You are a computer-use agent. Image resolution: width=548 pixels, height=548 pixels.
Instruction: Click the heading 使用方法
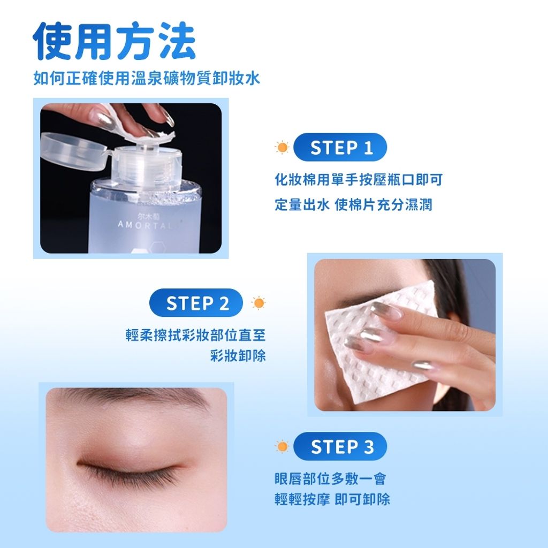115,41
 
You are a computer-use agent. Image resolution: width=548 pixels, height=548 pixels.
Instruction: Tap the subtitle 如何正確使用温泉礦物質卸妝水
147,78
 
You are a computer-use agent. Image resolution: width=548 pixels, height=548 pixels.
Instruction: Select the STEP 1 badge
340,147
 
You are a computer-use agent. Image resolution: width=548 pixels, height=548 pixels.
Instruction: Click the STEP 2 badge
196,303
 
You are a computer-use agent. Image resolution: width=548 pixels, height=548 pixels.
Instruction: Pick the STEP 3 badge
340,446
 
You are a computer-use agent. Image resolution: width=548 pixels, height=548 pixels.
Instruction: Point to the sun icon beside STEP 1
281,147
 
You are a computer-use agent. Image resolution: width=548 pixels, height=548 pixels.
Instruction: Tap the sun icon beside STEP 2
258,303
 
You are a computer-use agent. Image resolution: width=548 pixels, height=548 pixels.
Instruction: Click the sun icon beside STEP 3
281,446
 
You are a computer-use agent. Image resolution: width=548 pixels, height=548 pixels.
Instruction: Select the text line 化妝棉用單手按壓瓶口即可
359,180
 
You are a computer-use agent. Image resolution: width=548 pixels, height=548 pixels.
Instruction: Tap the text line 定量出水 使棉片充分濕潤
353,204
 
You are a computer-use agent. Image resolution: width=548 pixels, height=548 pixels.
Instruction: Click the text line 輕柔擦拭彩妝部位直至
196,335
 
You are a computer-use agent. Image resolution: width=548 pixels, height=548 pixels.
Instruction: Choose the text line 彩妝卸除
238,355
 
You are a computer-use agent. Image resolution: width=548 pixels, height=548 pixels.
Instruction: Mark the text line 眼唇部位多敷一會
330,478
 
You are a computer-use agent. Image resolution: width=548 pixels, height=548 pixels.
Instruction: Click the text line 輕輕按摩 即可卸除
332,499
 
